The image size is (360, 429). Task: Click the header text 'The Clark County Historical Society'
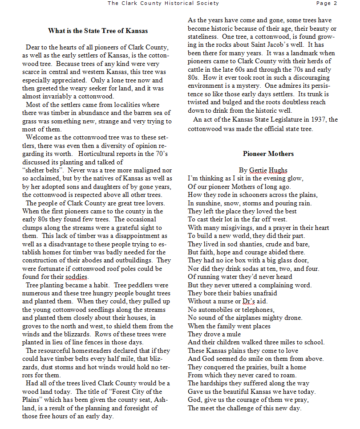(163, 3)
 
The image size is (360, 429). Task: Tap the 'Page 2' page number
(327, 3)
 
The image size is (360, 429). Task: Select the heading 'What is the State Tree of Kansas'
(98, 31)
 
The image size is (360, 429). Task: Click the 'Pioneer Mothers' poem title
(268, 154)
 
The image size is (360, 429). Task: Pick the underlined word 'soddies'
(77, 277)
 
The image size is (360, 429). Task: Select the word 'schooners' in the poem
(242, 195)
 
